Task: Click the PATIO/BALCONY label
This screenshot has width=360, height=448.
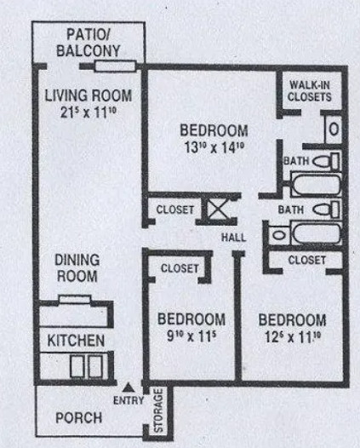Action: pyautogui.click(x=89, y=43)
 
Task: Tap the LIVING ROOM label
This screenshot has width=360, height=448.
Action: pyautogui.click(x=89, y=95)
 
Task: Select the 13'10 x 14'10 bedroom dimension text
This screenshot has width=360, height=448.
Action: pyautogui.click(x=214, y=147)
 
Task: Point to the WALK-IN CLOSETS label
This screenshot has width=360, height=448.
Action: pyautogui.click(x=310, y=91)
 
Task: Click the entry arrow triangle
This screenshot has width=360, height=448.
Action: pyautogui.click(x=129, y=388)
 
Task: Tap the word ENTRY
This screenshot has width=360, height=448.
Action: pyautogui.click(x=129, y=400)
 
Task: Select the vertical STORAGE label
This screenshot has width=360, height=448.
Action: pyautogui.click(x=158, y=410)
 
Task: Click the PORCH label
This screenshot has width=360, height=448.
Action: pyautogui.click(x=79, y=418)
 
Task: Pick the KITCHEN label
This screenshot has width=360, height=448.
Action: pyautogui.click(x=76, y=341)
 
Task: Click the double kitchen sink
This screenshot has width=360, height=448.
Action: pyautogui.click(x=86, y=366)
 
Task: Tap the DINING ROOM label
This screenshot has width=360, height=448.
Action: pyautogui.click(x=77, y=268)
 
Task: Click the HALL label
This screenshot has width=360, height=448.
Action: pyautogui.click(x=233, y=238)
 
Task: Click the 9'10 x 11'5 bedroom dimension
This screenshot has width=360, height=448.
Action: pyautogui.click(x=191, y=336)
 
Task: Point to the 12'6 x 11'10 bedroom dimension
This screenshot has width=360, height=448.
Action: pyautogui.click(x=293, y=337)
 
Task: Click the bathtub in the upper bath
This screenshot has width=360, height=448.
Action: pyautogui.click(x=316, y=184)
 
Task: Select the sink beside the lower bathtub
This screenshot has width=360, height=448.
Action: pyautogui.click(x=279, y=235)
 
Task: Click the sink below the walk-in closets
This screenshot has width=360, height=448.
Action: pyautogui.click(x=334, y=129)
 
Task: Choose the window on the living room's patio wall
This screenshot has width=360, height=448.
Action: pyautogui.click(x=115, y=66)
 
